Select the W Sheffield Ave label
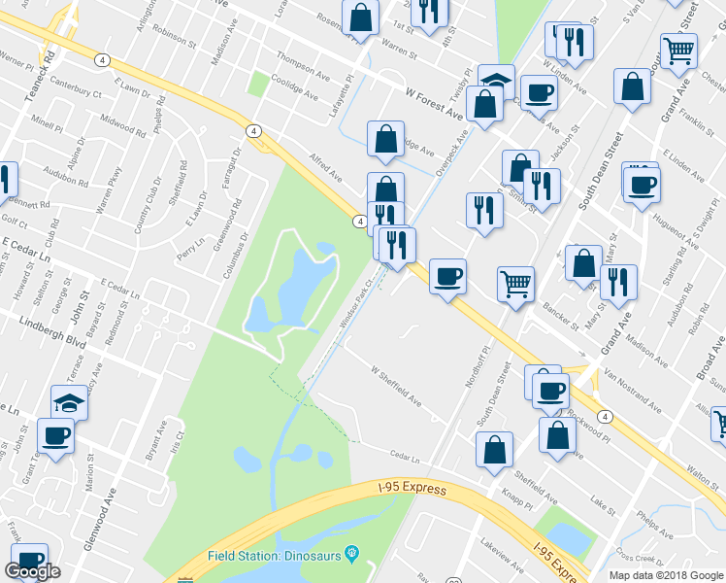pos(396,386)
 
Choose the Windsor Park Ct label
pos(356,306)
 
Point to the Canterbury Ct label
pos(75,87)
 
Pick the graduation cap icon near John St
pos(70,401)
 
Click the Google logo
pos(32,570)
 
